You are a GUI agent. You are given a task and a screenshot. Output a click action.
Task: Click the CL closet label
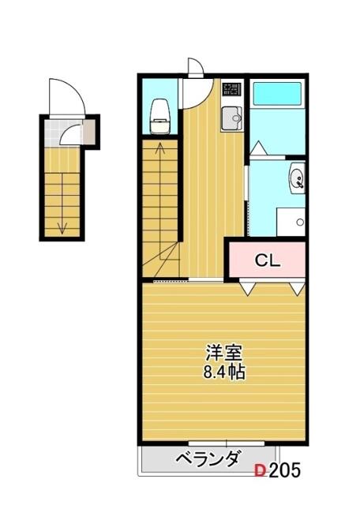tap(267, 261)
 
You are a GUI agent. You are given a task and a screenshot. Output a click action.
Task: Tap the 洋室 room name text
tap(224, 353)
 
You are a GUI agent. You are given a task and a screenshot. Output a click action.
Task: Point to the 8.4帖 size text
tap(224, 372)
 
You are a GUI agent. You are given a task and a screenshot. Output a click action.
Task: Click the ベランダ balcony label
tap(208, 458)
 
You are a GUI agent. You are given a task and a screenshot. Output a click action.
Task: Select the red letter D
tap(261, 470)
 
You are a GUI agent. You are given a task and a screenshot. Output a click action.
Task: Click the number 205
tap(284, 470)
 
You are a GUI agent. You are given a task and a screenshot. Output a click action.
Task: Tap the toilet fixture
tap(160, 116)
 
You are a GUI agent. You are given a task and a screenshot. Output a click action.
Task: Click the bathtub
tap(277, 94)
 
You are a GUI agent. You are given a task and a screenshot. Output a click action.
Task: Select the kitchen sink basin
tap(231, 118)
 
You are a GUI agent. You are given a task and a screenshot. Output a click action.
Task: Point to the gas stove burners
tap(232, 89)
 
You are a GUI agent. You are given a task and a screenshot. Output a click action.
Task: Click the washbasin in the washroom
tap(297, 178)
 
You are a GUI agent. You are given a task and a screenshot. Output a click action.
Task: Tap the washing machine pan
tap(291, 222)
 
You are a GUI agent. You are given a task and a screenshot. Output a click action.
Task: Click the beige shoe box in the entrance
tap(89, 132)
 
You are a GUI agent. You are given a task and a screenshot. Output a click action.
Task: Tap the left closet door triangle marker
tap(248, 289)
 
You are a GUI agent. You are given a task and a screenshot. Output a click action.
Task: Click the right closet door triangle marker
tap(298, 289)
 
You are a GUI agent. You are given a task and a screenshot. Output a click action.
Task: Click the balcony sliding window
tap(227, 443)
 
